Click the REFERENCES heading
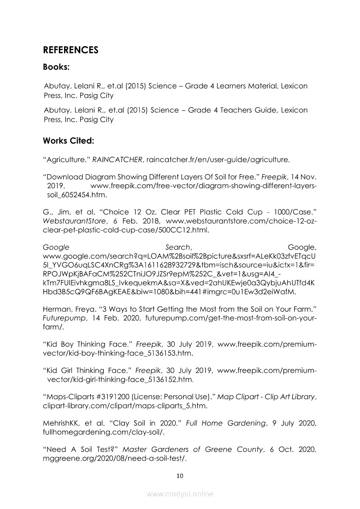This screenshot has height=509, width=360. tap(71, 50)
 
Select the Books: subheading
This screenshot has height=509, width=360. tap(57, 67)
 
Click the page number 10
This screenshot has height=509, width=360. tap(180, 475)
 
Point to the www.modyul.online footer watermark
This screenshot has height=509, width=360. tap(180, 494)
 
